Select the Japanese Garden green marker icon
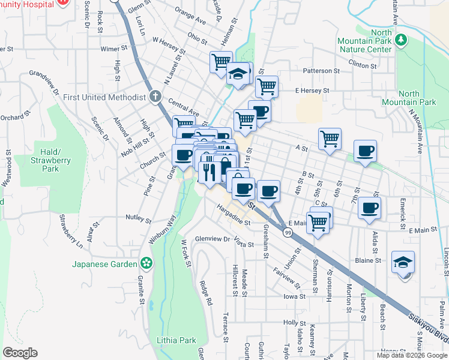[x=146, y=263]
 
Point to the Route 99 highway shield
[x=289, y=232]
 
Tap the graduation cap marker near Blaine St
[x=403, y=263]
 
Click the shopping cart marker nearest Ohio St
[x=221, y=61]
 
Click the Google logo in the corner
[x=20, y=353]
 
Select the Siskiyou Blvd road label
[x=427, y=329]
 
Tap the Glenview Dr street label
[x=212, y=239]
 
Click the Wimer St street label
[x=115, y=48]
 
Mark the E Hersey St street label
[x=312, y=91]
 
